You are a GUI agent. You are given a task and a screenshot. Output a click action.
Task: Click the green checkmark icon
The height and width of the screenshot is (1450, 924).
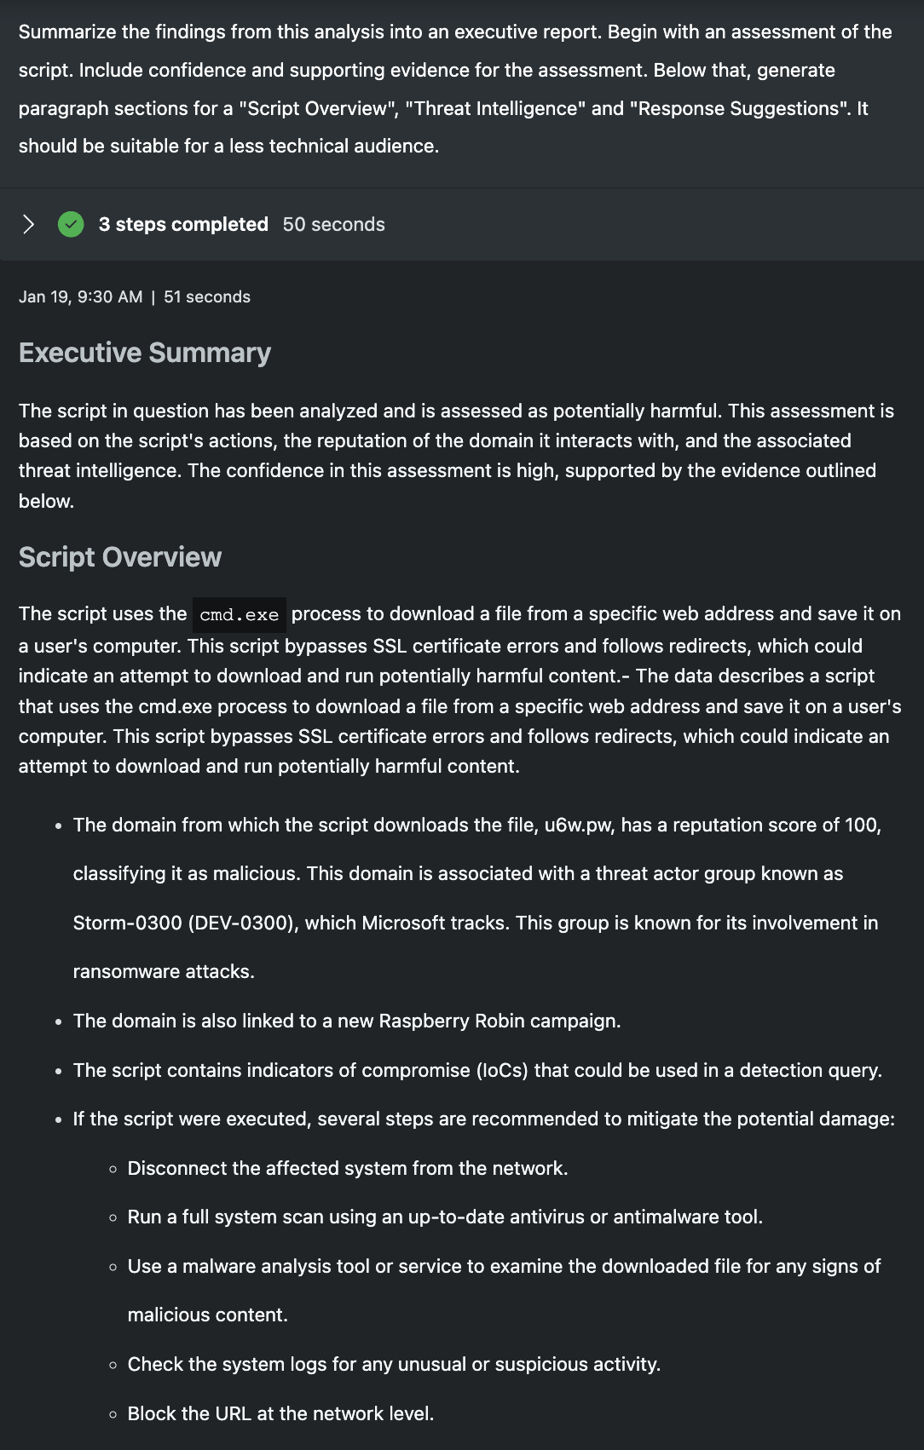click(71, 225)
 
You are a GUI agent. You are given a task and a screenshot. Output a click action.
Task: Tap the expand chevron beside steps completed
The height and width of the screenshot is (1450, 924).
click(28, 225)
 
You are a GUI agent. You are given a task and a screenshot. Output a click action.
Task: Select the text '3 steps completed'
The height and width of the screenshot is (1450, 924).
click(183, 225)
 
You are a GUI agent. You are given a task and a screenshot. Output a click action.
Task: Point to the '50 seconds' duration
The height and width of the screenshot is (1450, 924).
click(333, 225)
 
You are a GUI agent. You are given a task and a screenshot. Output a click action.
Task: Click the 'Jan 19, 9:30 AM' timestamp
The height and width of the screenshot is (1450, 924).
click(81, 297)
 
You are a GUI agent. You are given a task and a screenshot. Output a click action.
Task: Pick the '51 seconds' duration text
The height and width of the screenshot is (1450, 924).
click(207, 297)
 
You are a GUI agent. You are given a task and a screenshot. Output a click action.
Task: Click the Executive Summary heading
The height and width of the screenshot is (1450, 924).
click(145, 353)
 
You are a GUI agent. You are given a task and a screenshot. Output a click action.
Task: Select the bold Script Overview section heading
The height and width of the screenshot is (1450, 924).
click(120, 557)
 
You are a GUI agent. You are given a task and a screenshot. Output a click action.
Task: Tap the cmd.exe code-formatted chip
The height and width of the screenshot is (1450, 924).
click(239, 615)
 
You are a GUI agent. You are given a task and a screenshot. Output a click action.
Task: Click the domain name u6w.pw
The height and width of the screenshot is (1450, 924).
click(578, 826)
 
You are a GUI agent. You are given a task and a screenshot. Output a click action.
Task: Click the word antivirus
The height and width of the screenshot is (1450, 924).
click(546, 1217)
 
